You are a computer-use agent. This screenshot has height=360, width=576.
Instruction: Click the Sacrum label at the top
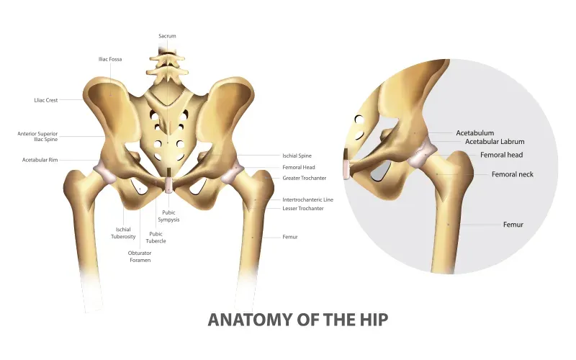(x=167, y=36)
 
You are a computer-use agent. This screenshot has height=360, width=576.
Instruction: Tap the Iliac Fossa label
(x=110, y=59)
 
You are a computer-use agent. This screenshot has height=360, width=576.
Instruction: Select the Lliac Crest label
(x=46, y=100)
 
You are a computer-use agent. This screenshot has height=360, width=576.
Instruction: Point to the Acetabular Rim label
(x=40, y=160)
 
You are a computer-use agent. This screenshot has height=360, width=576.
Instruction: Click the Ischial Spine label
(x=297, y=156)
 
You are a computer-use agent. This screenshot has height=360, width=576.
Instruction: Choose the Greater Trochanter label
(x=304, y=178)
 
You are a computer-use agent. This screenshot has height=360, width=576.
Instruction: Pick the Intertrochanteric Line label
(x=308, y=200)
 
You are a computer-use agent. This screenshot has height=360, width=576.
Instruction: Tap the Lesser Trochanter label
(x=303, y=209)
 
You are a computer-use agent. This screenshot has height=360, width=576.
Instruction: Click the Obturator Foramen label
(x=140, y=256)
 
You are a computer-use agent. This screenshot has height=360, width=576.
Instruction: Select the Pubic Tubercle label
(x=156, y=238)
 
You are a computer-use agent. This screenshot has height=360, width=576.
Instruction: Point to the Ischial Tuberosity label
(x=123, y=233)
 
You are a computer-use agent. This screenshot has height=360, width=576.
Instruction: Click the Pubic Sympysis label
(x=168, y=216)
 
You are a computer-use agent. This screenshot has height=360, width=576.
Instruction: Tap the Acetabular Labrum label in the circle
(x=495, y=142)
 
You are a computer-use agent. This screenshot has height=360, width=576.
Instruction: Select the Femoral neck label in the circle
(x=513, y=174)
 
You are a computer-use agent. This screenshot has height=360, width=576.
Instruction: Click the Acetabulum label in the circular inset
(x=475, y=133)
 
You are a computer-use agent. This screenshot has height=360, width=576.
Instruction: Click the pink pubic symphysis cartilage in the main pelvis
(x=168, y=185)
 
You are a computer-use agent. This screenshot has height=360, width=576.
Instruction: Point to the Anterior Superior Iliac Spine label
(x=37, y=137)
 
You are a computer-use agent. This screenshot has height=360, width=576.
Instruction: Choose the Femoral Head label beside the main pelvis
(x=299, y=168)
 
